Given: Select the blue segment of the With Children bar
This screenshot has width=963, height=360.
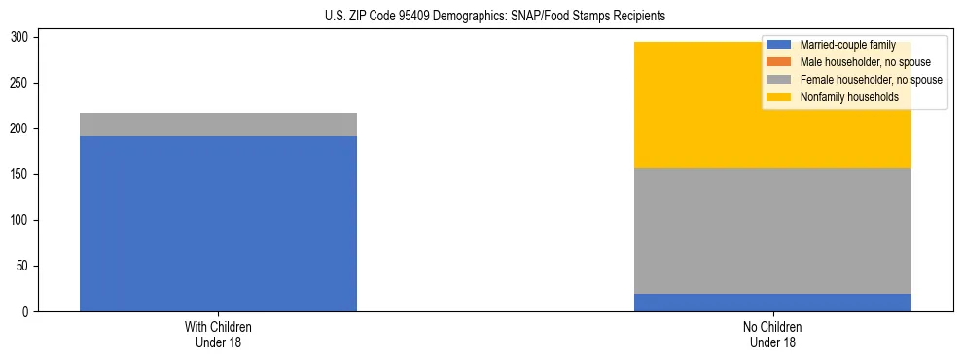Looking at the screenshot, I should click(218, 224).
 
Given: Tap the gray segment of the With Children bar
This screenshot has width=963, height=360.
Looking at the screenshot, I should click(218, 125).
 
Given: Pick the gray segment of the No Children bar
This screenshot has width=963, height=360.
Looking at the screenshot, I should click(772, 231).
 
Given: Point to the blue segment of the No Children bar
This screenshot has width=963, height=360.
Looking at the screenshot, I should click(772, 303).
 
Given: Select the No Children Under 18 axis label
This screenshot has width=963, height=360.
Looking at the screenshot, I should click(772, 335).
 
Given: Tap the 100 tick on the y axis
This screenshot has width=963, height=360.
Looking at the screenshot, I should click(22, 221).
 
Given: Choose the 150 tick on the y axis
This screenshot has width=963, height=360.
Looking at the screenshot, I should click(22, 175).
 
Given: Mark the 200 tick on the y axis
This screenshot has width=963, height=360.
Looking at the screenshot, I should click(22, 129).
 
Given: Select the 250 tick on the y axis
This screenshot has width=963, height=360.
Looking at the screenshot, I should click(22, 84).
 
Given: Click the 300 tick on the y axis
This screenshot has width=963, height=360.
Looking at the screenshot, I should click(22, 38).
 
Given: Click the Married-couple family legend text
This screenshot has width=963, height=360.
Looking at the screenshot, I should click(847, 46).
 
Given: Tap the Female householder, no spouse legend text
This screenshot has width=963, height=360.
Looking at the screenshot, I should click(871, 80).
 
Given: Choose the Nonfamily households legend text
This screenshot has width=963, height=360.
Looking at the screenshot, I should click(848, 97).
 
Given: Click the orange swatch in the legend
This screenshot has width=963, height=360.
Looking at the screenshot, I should click(779, 62).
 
